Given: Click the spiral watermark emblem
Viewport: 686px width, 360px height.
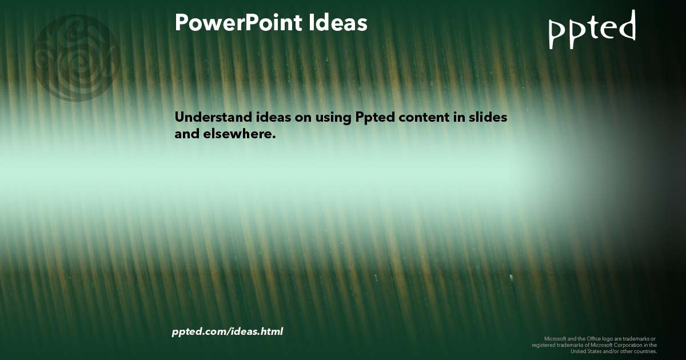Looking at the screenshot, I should (76, 58).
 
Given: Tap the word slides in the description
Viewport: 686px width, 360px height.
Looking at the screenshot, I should (488, 117).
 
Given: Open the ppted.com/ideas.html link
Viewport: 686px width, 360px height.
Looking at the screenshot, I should (227, 331).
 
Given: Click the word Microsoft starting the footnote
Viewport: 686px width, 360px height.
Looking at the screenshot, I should (555, 338).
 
